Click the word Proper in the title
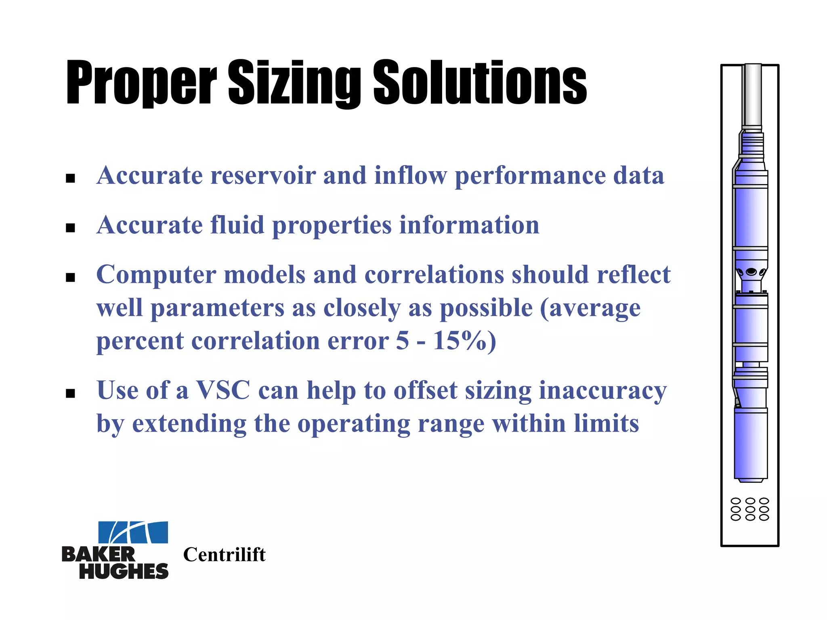141,83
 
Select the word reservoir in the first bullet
263,176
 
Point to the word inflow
410,176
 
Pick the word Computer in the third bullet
156,275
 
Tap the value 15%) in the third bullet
464,341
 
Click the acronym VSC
223,391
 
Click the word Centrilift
225,555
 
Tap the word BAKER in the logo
99,555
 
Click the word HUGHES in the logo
124,571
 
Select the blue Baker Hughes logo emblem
133,532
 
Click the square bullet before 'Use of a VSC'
71,393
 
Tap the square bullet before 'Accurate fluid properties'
71,228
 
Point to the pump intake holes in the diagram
751,272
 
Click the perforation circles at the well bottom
750,509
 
